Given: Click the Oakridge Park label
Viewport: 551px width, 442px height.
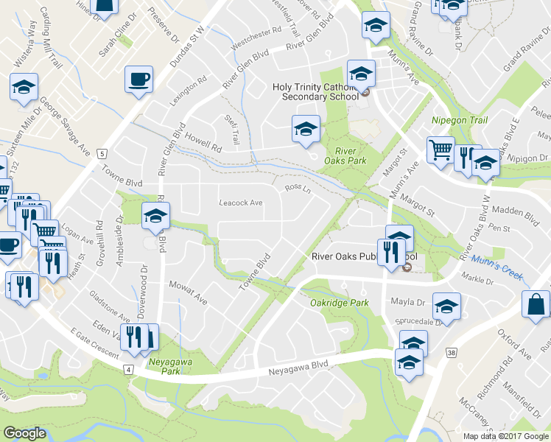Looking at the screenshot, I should (339, 302).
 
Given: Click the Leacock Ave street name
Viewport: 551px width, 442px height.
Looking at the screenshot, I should (241, 203).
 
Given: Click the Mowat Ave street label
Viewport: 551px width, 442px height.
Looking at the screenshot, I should (188, 292).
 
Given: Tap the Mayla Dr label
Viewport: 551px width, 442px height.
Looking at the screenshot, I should (410, 302).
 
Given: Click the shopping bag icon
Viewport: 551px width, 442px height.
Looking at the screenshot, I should (536, 304).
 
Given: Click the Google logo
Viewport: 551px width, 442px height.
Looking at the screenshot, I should (24, 433).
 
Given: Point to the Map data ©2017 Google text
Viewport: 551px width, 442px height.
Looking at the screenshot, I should (505, 436).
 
